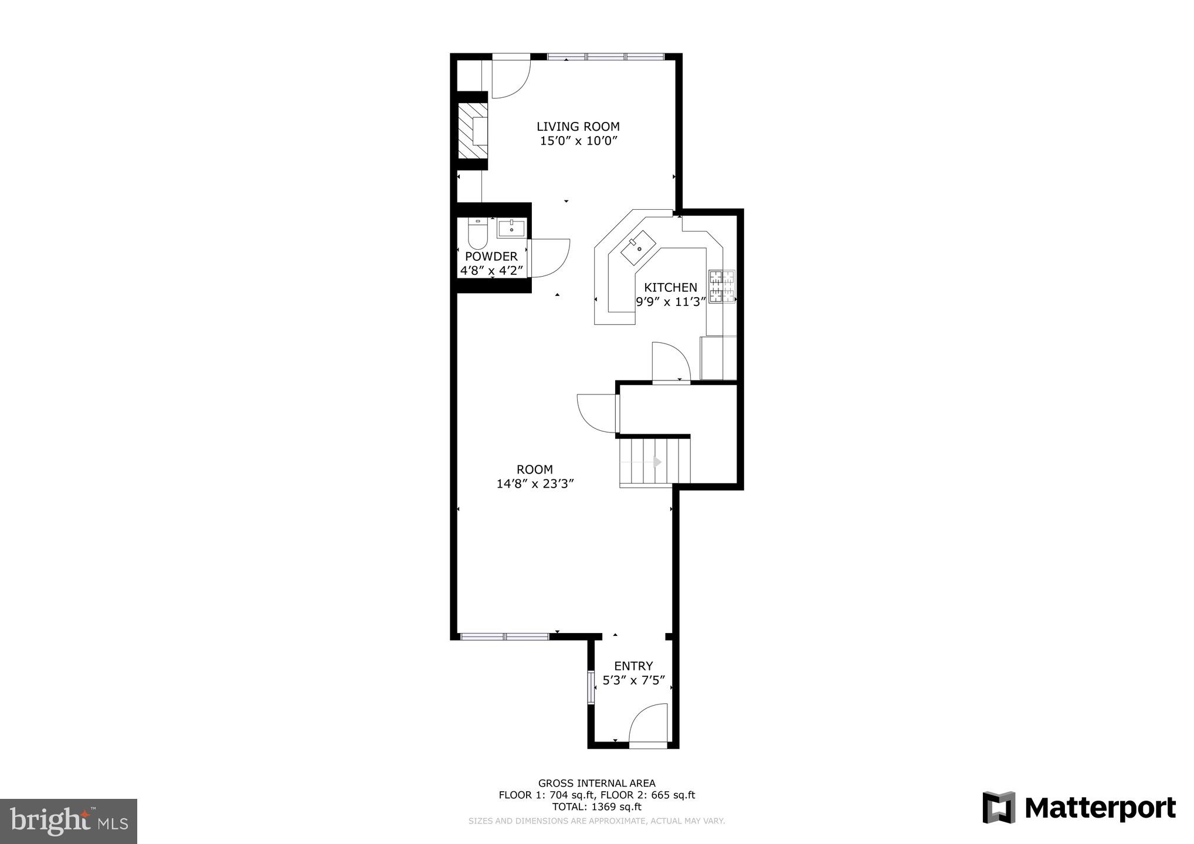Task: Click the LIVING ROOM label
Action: [x=578, y=127]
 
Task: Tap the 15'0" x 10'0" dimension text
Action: [x=579, y=141]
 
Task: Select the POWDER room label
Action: [x=491, y=257]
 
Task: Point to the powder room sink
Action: [x=511, y=228]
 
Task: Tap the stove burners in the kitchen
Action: [x=722, y=287]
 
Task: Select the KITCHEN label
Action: [x=670, y=288]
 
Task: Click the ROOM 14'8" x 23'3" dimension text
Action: [x=534, y=484]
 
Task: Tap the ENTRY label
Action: [x=633, y=666]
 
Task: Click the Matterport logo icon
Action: [x=999, y=808]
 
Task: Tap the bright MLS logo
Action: [x=69, y=822]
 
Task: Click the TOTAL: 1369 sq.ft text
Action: [x=596, y=807]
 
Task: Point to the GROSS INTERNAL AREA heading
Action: [x=596, y=783]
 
